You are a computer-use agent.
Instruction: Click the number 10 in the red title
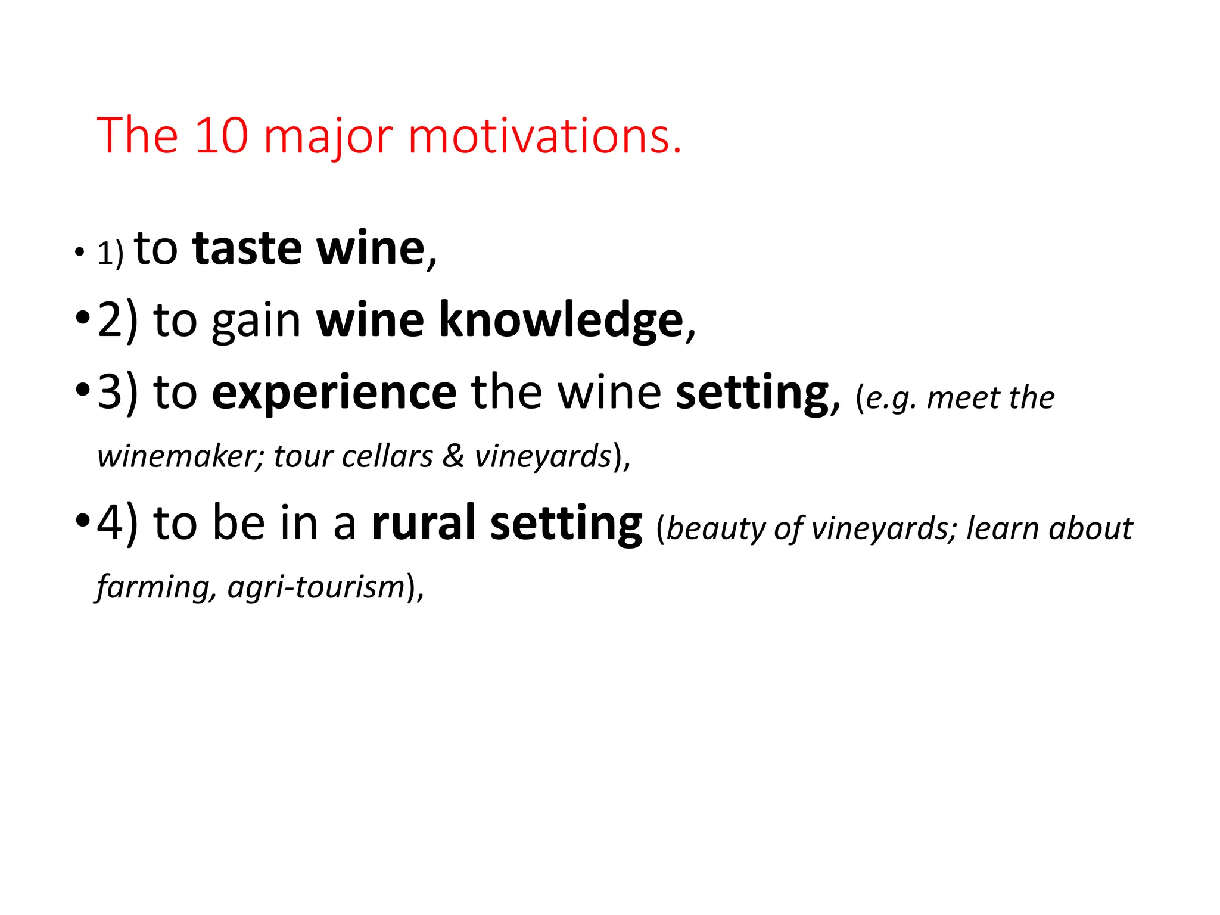[x=221, y=136]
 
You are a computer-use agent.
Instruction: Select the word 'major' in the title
[x=328, y=138]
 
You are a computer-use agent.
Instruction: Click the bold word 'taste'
[x=247, y=248]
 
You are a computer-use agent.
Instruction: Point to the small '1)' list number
[x=110, y=254]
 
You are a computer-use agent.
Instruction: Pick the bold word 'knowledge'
[x=561, y=320]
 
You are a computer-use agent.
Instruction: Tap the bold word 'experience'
[x=334, y=393]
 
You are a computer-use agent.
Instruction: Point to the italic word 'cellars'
[x=387, y=457]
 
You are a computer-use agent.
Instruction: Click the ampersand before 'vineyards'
[x=453, y=457]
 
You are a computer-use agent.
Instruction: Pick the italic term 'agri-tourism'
[x=316, y=587]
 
